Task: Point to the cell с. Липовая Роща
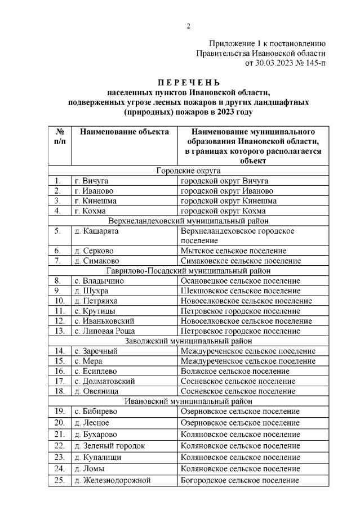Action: click(x=105, y=331)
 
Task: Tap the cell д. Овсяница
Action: click(x=96, y=391)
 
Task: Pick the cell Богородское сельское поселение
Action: click(x=239, y=480)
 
